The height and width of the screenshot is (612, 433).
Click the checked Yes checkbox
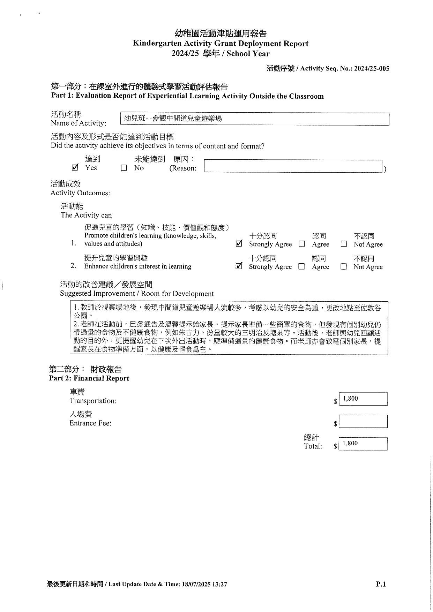75,168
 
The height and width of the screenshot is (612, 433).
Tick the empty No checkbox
124,168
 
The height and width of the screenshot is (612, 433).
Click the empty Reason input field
293,166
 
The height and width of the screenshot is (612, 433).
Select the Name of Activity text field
254,119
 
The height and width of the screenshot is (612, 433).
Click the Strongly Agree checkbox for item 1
239,244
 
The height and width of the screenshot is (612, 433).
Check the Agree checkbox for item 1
302,244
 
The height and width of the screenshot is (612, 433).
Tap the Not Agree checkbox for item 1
344,244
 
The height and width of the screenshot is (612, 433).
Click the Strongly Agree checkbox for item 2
239,266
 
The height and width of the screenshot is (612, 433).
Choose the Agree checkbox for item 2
302,267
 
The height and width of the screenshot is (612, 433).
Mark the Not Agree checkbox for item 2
344,267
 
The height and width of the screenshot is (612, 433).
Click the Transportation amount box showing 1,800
363,399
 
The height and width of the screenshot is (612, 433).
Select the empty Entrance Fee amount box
363,422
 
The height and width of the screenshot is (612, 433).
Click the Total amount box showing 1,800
363,444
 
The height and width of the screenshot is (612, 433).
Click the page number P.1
381,584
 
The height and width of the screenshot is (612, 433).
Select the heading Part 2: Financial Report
89,378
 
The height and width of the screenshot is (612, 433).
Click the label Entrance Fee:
90,423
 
